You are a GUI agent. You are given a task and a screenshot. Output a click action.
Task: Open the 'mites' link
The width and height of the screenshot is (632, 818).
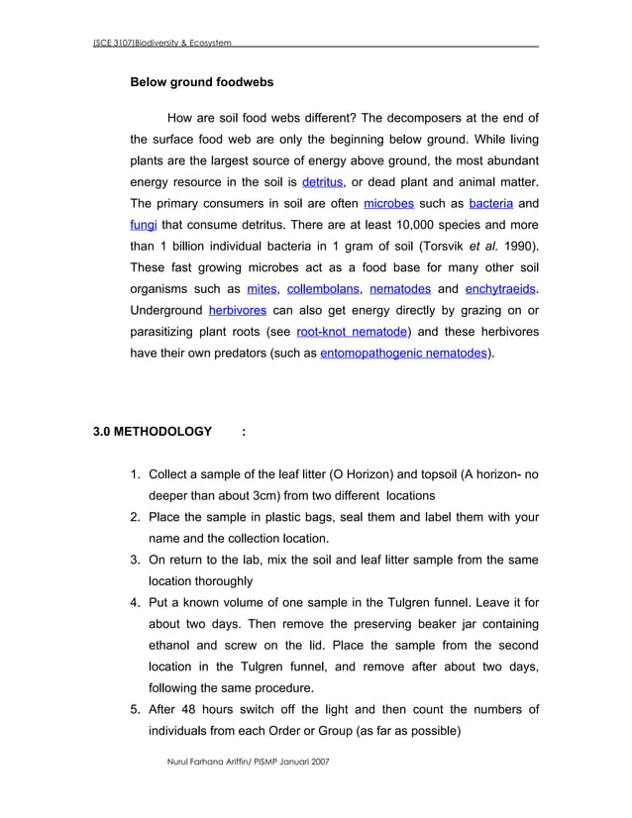[262, 289]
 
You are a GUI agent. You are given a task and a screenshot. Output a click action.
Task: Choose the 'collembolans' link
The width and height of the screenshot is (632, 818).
[323, 289]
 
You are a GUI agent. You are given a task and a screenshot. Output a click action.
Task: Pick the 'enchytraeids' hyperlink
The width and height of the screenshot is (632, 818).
[502, 289]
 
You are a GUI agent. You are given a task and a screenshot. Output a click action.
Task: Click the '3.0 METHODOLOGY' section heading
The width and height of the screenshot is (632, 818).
[153, 432]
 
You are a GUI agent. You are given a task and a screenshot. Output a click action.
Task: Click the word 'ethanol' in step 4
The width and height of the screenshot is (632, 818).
[171, 645]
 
